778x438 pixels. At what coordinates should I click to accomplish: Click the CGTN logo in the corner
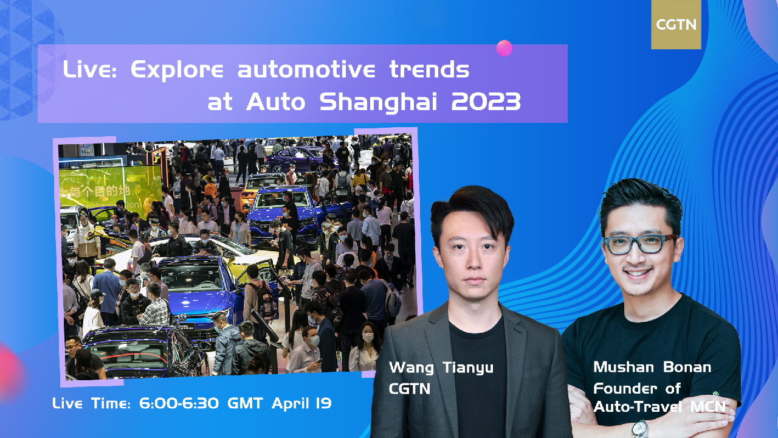676,25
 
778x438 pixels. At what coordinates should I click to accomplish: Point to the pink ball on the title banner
504,48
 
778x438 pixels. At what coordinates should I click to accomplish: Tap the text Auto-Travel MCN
659,406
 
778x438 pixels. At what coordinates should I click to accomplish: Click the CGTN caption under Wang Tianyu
410,388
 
